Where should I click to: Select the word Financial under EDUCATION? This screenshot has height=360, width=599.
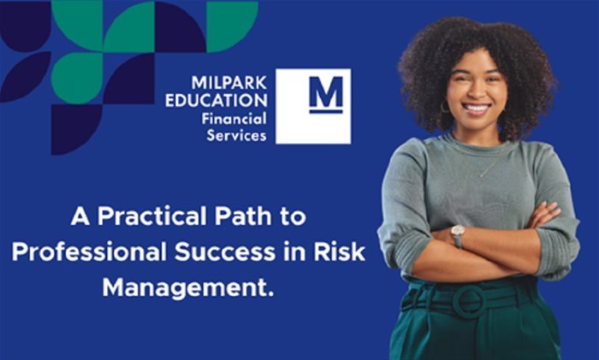coord(234,119)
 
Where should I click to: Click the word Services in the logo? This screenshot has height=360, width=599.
coord(236,135)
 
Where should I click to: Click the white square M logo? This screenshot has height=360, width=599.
coord(313,106)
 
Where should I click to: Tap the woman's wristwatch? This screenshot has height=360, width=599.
coord(458,234)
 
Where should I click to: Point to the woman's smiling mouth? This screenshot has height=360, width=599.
coord(477,109)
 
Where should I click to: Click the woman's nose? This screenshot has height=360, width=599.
coord(476,93)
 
